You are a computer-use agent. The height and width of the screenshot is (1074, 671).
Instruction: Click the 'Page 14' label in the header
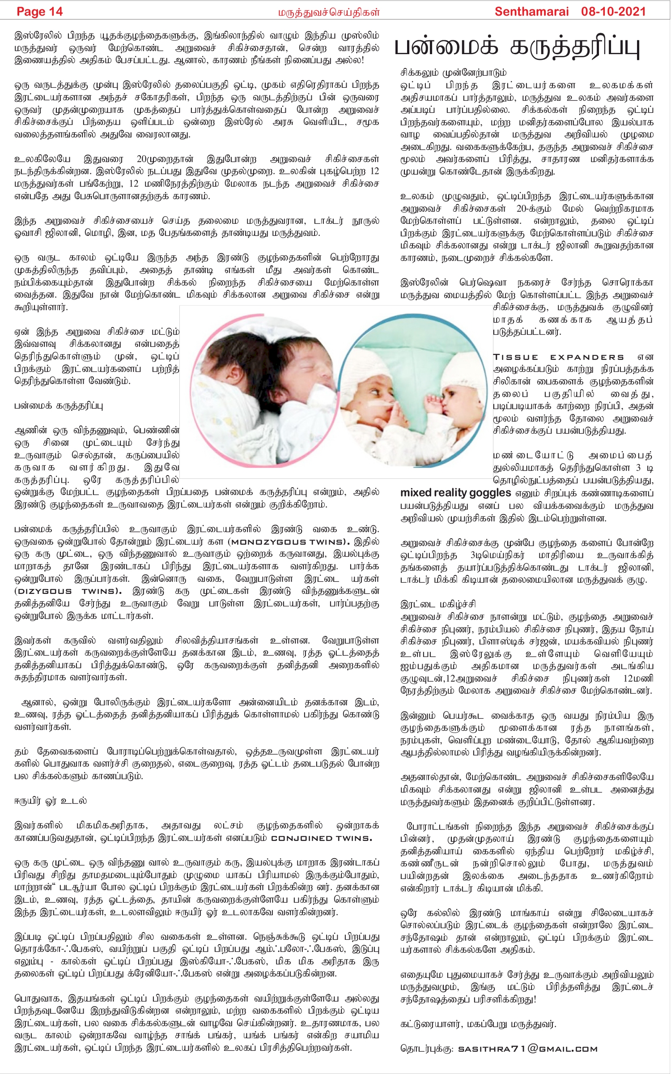39,12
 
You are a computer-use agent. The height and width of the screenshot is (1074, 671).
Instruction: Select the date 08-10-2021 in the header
613,12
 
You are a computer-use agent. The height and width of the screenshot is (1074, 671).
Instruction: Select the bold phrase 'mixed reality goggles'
455,493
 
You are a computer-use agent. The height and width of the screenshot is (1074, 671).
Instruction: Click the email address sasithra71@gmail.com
528,1048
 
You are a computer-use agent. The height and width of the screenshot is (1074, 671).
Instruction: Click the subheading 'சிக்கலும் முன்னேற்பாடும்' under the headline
453,72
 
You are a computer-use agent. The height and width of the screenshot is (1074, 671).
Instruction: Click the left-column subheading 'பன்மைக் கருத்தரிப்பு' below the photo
59,406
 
